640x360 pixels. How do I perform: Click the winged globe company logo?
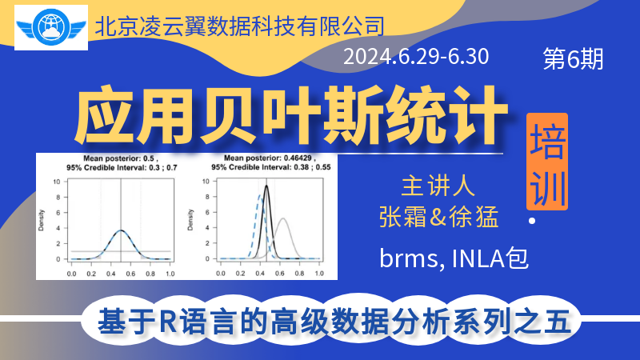pos(51,27)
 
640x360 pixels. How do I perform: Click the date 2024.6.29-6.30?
pos(416,57)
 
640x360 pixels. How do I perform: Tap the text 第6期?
pos(573,58)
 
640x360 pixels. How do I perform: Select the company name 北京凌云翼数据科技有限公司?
pos(239,26)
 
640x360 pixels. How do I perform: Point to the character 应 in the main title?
pos(105,116)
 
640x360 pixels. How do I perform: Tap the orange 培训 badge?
pos(547,162)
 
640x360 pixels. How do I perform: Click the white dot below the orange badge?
pos(532,221)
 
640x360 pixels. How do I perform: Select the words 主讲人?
pos(438,186)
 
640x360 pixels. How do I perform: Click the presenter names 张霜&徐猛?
pos(438,216)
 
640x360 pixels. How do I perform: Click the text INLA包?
pos(490,258)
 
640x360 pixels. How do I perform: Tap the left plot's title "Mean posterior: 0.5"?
pos(118,158)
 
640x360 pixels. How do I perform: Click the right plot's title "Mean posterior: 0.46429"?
pos(267,158)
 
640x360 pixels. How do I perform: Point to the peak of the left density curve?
pos(121,230)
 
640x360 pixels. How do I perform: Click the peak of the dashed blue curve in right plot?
pos(259,195)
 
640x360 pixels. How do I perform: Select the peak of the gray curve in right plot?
pos(282,218)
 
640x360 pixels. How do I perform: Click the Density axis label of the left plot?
pos(42,220)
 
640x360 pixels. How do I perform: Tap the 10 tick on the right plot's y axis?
pos(206,182)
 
